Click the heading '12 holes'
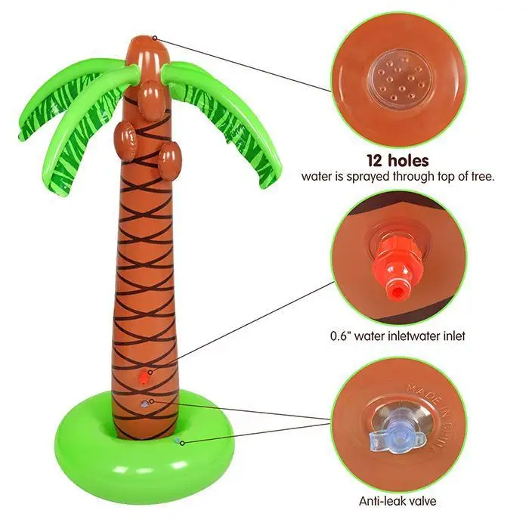pos(398,160)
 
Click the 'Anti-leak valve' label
pos(398,500)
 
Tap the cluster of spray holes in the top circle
pos(399,79)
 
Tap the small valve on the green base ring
pos(177,440)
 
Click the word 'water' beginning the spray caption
pos(317,178)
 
